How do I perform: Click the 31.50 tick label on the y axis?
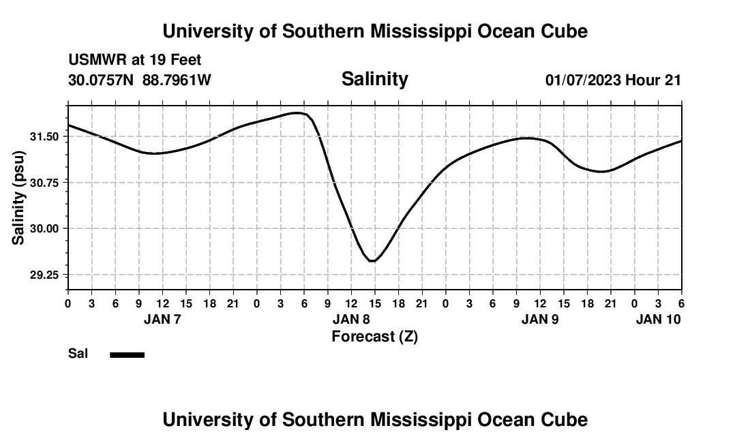click(44, 136)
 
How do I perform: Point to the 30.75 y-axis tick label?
click(44, 182)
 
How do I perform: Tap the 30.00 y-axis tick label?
click(44, 228)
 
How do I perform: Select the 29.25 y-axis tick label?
click(44, 275)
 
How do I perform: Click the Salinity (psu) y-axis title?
click(19, 198)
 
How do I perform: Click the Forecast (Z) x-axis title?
click(374, 337)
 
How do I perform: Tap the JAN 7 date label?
click(162, 319)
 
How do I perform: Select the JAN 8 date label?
click(351, 319)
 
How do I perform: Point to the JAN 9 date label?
click(540, 319)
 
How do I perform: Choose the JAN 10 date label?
click(658, 319)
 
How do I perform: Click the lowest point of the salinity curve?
click(372, 261)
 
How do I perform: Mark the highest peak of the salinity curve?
click(297, 112)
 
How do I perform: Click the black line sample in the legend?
click(127, 354)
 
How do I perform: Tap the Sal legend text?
click(78, 354)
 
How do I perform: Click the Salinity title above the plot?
click(374, 79)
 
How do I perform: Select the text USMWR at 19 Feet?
click(135, 61)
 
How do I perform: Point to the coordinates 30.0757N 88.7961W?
click(140, 80)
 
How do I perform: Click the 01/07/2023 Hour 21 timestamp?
click(613, 80)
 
